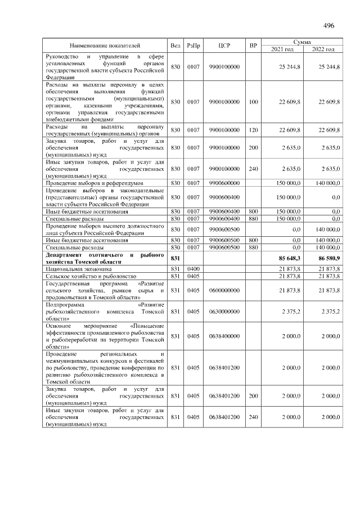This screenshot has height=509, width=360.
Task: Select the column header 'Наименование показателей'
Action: [x=105, y=46]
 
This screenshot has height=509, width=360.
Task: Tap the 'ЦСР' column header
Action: [x=224, y=46]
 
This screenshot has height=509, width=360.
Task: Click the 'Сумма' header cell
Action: [x=302, y=42]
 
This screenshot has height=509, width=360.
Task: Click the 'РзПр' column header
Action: [x=193, y=46]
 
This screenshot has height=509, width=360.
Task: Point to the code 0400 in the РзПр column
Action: [x=193, y=269]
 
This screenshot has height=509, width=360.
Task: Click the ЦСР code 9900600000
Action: [x=224, y=183]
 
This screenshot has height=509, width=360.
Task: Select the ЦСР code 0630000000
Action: [x=224, y=312]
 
